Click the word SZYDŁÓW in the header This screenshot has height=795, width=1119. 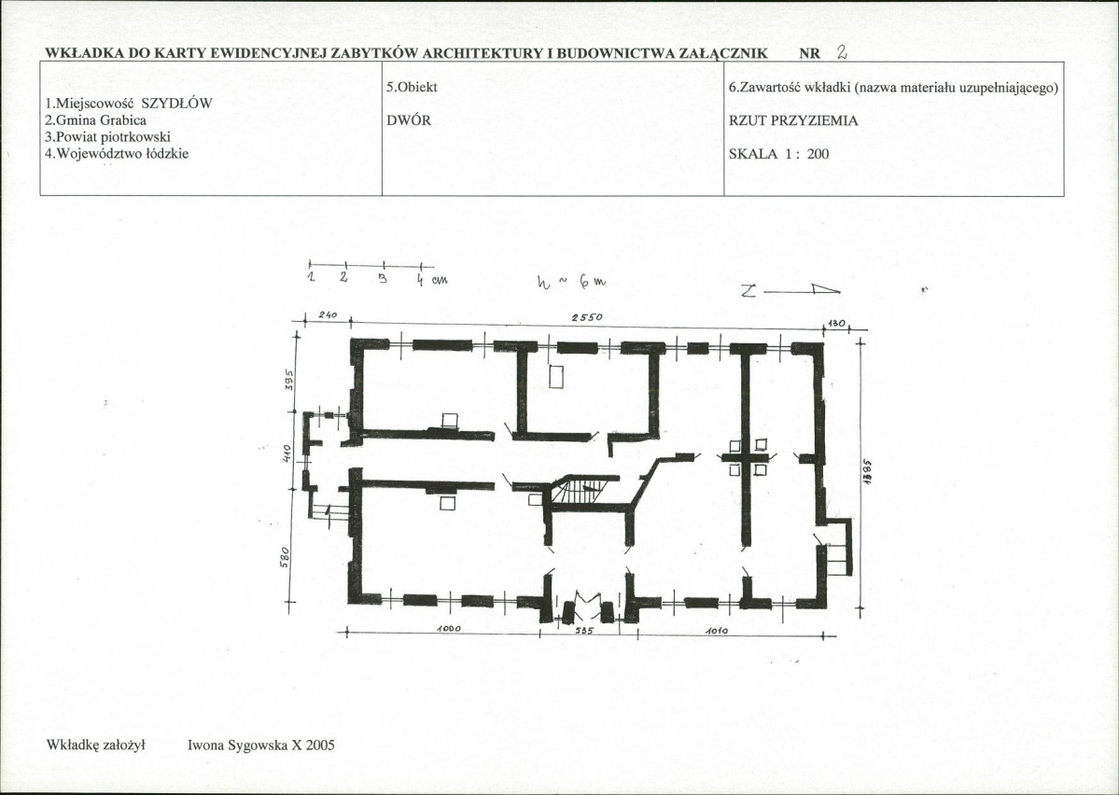click(x=177, y=104)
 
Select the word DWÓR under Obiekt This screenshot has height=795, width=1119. click(x=408, y=120)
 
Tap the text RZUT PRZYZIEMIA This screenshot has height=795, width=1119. click(x=793, y=120)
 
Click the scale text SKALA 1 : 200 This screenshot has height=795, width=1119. click(x=778, y=153)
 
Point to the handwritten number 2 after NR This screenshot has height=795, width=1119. click(x=842, y=53)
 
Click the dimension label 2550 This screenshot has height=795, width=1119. click(x=586, y=317)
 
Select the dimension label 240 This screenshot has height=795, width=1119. click(x=325, y=315)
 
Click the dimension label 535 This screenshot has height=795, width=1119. click(x=583, y=631)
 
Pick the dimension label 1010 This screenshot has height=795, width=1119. click(x=716, y=631)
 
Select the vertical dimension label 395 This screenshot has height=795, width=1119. click(x=289, y=375)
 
